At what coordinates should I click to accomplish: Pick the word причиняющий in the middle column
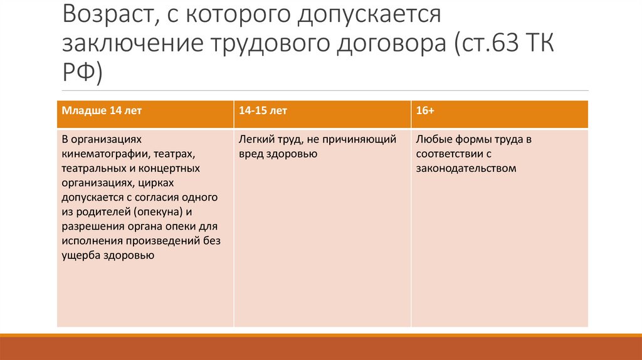pos(366,139)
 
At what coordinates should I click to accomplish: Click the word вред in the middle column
pos(250,154)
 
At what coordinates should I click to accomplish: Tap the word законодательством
pos(466,168)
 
